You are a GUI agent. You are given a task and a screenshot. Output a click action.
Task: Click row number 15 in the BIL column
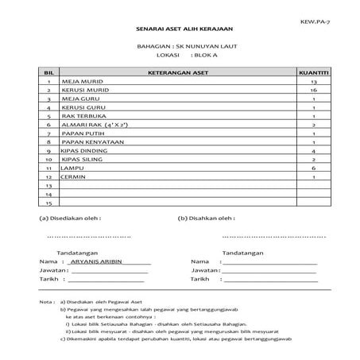48,202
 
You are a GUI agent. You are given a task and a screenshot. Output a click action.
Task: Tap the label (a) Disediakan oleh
70,216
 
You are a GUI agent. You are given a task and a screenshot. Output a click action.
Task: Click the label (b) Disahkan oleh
208,216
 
